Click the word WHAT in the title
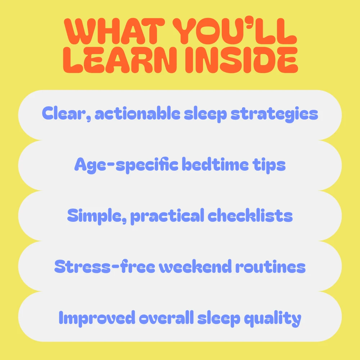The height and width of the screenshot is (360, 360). pos(114,31)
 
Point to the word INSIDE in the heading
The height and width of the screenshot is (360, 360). pos(241,60)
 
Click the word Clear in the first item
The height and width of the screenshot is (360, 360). pos(67,114)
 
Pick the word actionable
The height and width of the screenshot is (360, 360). pos(138,113)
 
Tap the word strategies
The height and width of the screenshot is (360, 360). pos(274,114)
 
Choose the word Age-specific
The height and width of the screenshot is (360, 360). pos(126,165)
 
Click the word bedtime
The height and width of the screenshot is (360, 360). pos(215,164)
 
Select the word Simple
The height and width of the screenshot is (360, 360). pos(97,216)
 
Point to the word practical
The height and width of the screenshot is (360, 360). pos(167,216)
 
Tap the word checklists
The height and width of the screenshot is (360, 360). pos(250,215)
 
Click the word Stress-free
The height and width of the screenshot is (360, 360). pos(105,266)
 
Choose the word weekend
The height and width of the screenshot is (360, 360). pos(195,266)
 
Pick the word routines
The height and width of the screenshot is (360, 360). pos(270,266)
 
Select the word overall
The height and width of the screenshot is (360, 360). pos(166,317)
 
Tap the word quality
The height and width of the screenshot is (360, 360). pos(273,319)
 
